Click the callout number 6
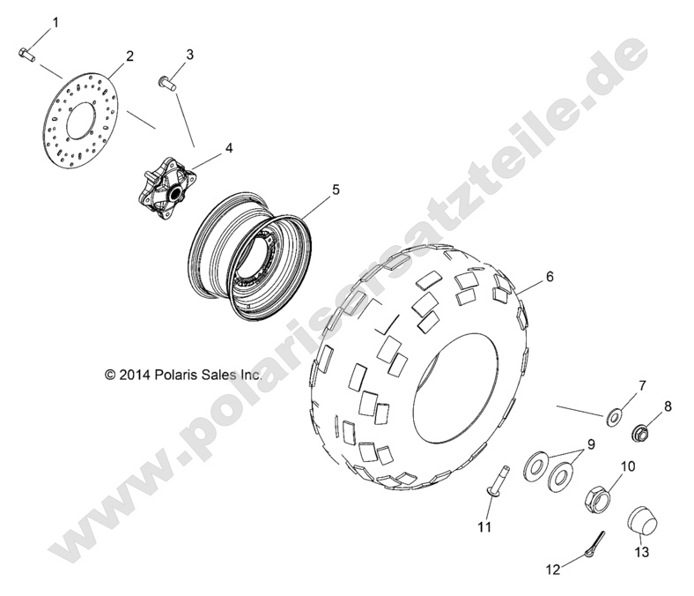550,276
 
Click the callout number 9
591,444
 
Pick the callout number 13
640,553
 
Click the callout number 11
484,527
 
